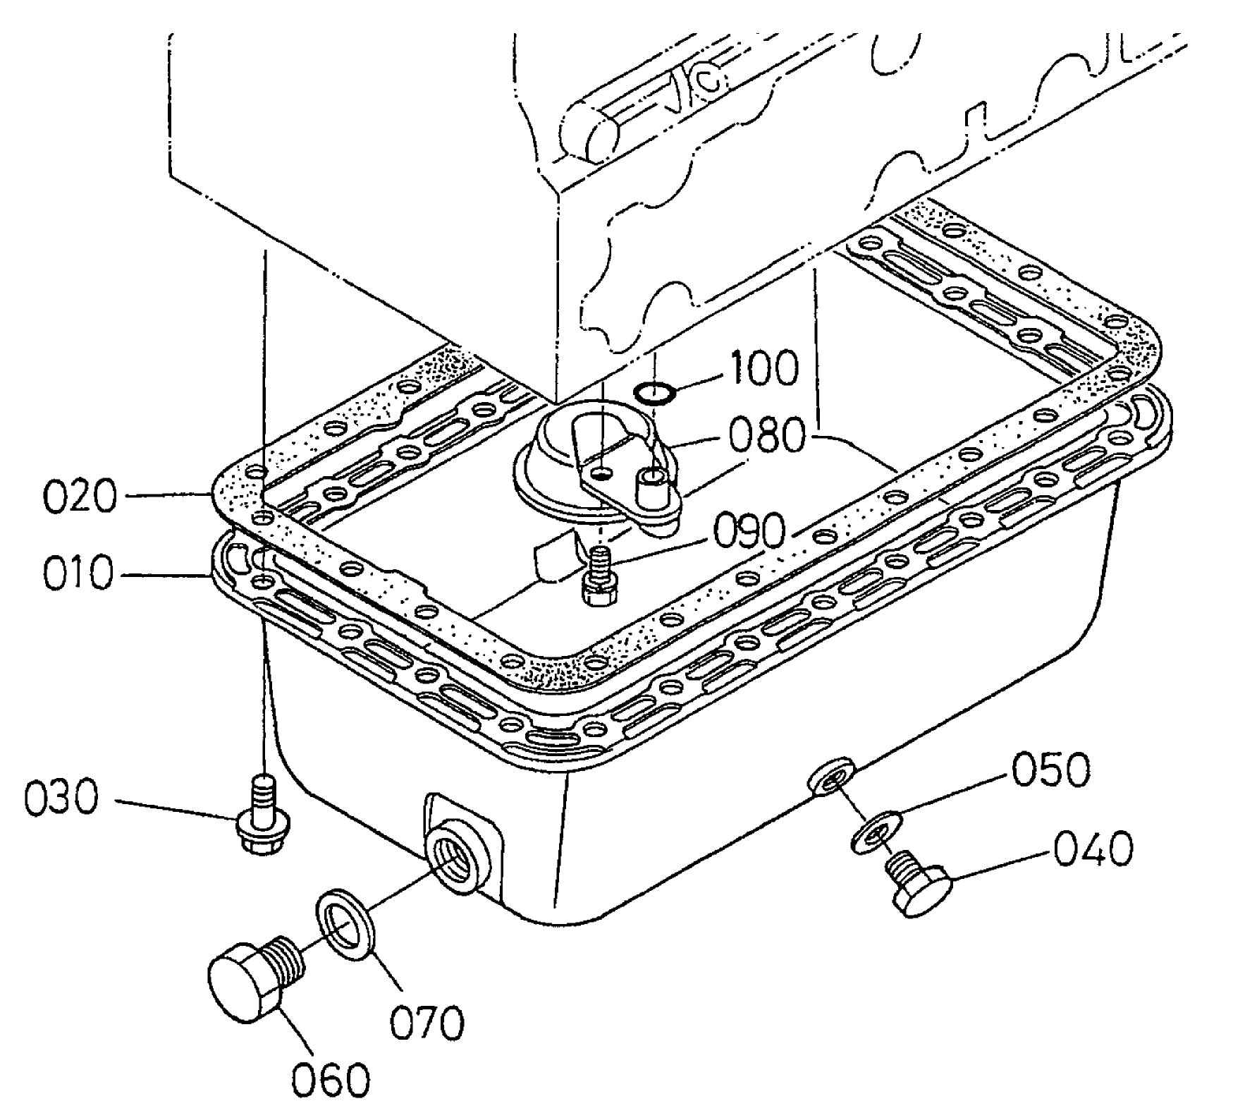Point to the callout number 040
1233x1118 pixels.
1093,848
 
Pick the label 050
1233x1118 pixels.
1050,770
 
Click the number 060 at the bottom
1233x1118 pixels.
331,1077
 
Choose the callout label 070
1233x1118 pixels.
427,1023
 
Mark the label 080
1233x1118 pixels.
765,437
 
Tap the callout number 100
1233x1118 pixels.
764,367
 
